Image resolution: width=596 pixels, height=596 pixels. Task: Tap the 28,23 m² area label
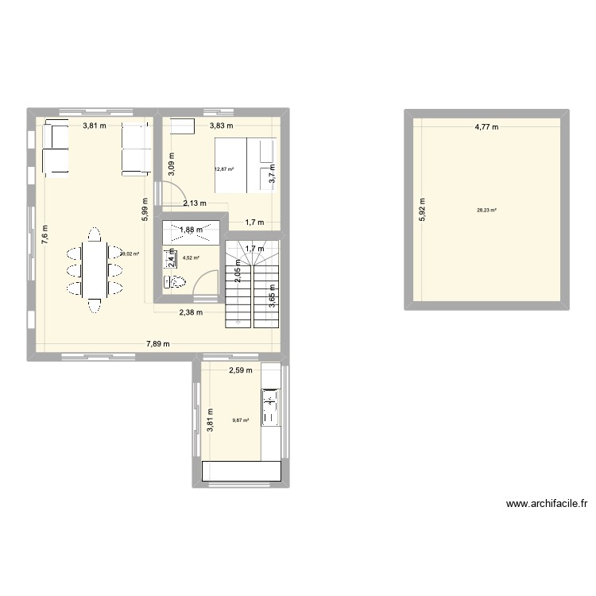[486, 211]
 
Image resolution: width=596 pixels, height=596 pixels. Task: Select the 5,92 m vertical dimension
[423, 210]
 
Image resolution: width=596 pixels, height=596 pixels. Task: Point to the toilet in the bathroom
[176, 281]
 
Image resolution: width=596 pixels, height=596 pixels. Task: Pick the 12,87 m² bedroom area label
[223, 168]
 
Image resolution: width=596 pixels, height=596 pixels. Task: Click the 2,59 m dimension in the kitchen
[241, 370]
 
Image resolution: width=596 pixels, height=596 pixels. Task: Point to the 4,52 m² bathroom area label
[191, 258]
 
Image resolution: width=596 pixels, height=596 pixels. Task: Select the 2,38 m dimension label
[191, 312]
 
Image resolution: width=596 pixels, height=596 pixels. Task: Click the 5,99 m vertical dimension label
[145, 209]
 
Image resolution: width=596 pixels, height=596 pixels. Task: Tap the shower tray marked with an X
[190, 231]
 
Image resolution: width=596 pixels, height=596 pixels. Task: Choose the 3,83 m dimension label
[221, 126]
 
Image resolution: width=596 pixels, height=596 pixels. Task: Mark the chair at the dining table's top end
[95, 234]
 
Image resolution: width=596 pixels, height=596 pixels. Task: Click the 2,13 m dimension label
[195, 203]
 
